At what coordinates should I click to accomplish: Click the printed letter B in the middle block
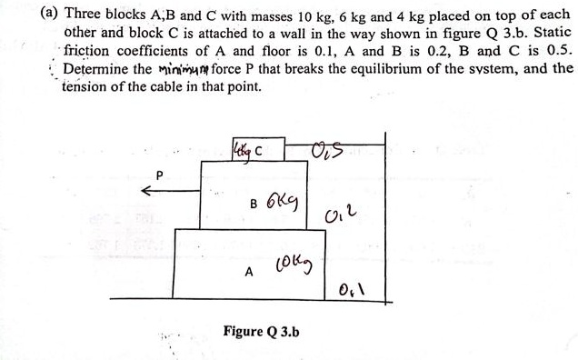(x=256, y=204)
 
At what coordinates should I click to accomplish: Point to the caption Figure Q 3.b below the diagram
(x=261, y=331)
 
